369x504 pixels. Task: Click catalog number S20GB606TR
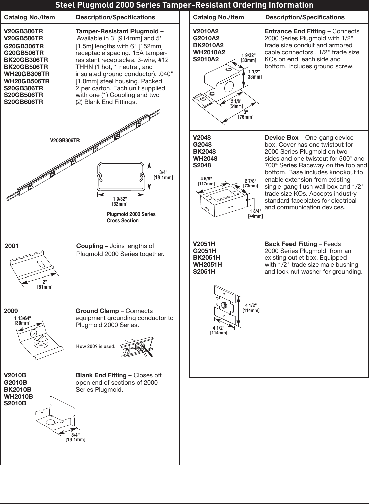23,102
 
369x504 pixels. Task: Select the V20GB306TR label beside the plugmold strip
65,141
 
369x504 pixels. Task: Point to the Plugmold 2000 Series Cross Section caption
131,217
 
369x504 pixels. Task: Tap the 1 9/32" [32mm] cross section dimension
120,201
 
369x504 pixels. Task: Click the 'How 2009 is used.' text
96,346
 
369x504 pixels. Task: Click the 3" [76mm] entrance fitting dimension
246,114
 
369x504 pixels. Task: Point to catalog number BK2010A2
208,45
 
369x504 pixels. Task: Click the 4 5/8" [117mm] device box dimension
206,181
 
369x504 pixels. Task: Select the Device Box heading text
281,138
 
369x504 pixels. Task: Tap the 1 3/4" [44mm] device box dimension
255,213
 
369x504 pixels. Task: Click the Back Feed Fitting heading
291,244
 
